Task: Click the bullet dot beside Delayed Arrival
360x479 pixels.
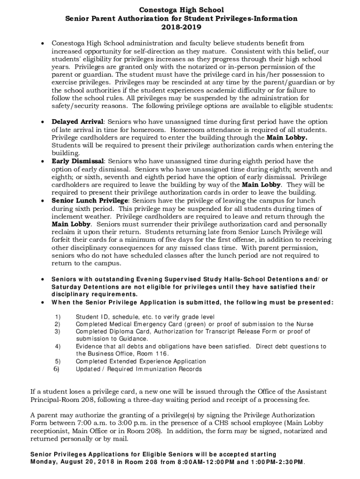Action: coord(43,122)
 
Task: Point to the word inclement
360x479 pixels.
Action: coord(67,217)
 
